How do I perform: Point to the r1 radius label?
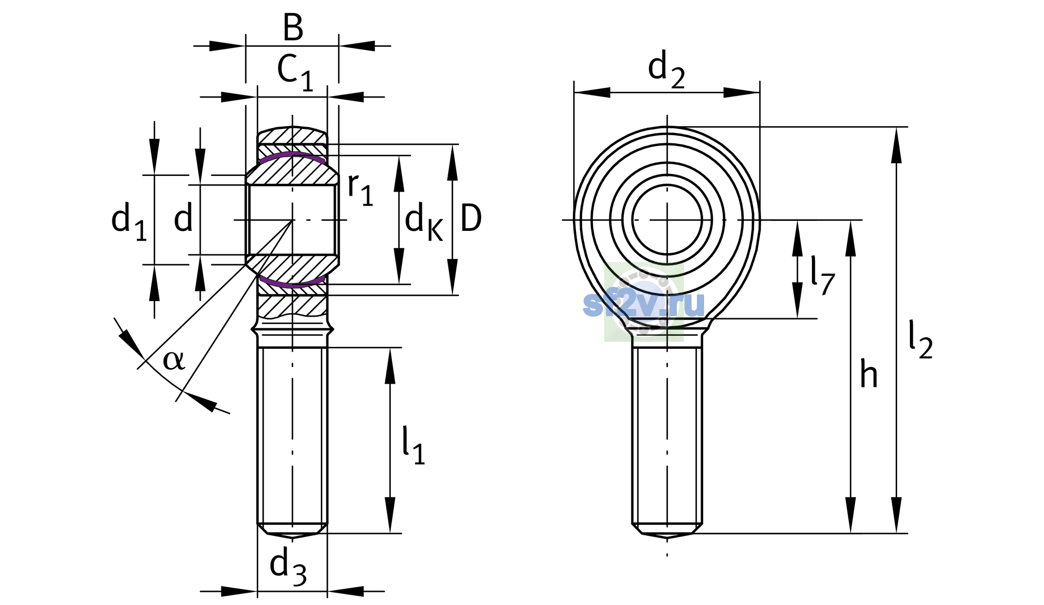pyautogui.click(x=360, y=190)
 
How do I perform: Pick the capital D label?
pyautogui.click(x=471, y=219)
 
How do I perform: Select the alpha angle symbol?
pyautogui.click(x=174, y=360)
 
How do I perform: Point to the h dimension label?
pyautogui.click(x=869, y=374)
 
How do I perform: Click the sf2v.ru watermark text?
pyautogui.click(x=644, y=304)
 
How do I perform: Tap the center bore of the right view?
pyautogui.click(x=667, y=220)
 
